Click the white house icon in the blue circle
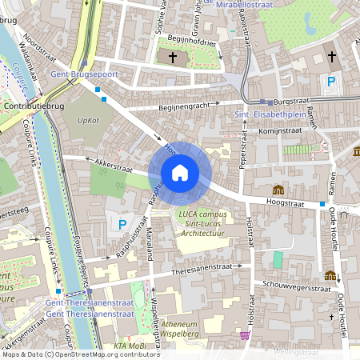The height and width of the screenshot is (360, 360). (x=179, y=172)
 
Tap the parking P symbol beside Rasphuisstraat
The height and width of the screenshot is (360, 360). (x=122, y=225)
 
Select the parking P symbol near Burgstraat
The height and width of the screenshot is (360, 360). (x=330, y=82)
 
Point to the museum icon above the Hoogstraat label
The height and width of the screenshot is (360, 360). (x=278, y=190)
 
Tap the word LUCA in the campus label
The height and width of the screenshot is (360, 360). (x=188, y=214)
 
